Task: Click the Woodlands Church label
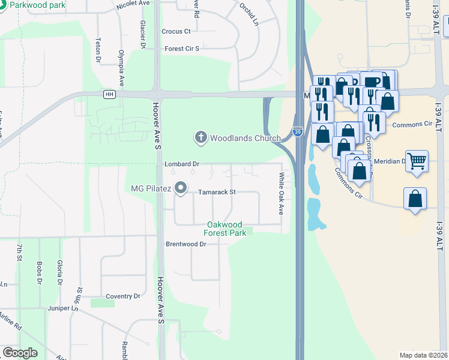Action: point(245,138)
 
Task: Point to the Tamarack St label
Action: point(217,193)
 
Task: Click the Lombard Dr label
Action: point(182,164)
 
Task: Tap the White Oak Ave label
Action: point(280,194)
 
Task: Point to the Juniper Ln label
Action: point(63,308)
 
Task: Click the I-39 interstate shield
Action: point(298,131)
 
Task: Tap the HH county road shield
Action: point(109,94)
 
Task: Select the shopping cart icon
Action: point(417,160)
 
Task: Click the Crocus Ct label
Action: point(176,31)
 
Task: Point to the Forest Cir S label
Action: point(181,49)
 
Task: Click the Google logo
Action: point(19,353)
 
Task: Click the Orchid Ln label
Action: point(249,15)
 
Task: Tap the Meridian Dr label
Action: point(390,161)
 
